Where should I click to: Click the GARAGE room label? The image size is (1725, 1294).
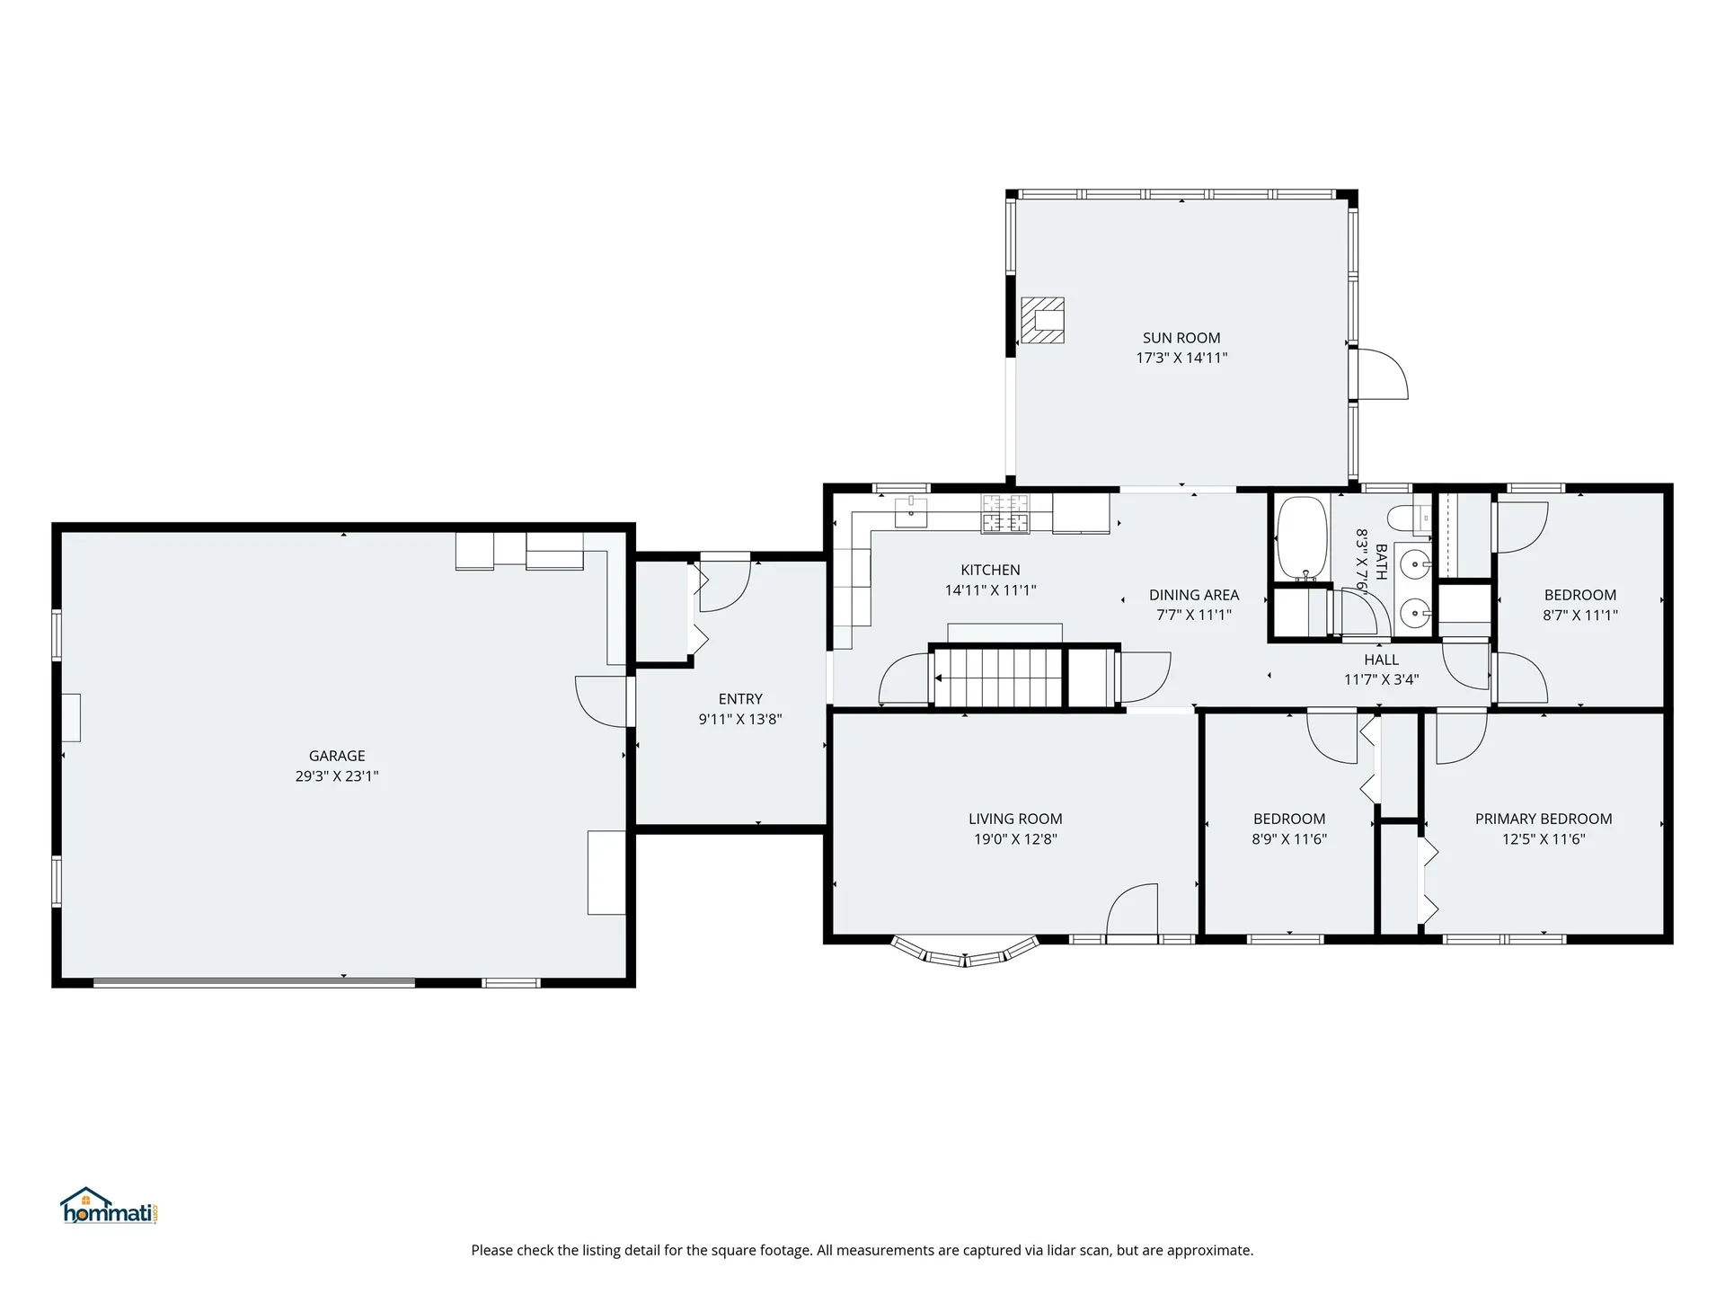click(337, 756)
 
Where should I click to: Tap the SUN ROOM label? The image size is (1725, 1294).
click(1181, 338)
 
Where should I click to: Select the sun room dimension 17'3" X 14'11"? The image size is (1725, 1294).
click(1181, 358)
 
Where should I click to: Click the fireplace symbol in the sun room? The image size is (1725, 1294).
click(1042, 321)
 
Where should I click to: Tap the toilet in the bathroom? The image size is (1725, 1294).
click(1408, 518)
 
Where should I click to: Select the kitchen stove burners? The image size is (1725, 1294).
click(1005, 514)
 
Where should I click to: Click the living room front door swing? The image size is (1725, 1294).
click(1132, 910)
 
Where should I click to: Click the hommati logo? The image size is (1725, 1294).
click(110, 1206)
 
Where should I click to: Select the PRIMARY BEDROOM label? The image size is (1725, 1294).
click(1544, 819)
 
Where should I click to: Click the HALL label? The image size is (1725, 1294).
click(1381, 660)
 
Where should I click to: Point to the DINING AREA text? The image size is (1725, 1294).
click(1194, 595)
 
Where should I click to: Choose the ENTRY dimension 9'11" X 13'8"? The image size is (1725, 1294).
click(740, 719)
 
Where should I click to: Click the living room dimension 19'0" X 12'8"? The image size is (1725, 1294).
click(1015, 839)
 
